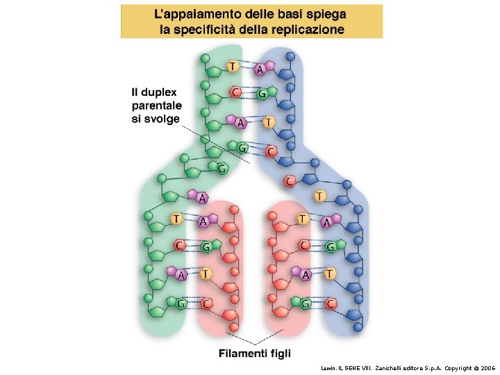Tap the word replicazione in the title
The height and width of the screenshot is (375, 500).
[x=308, y=29]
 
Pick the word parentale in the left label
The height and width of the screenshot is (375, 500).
[x=157, y=105]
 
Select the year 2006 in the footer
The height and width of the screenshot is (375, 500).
[x=487, y=367]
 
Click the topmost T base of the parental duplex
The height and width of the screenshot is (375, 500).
[x=232, y=66]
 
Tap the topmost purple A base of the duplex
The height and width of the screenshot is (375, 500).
[x=260, y=69]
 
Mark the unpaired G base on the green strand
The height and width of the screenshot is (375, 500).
[x=222, y=168]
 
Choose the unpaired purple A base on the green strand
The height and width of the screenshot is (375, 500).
[x=202, y=198]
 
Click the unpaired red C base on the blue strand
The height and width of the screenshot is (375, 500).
[x=290, y=181]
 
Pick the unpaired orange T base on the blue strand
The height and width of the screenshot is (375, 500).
[x=320, y=197]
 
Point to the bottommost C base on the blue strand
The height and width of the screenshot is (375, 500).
[x=331, y=303]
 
